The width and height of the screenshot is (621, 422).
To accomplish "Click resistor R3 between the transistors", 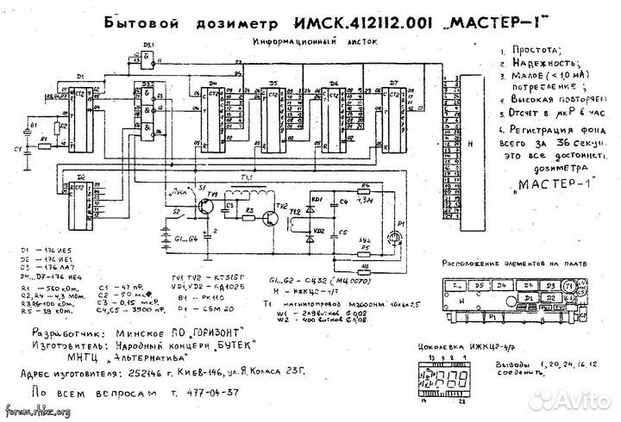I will point(249,209).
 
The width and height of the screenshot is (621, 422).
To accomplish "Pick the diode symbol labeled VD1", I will point(315,200).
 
